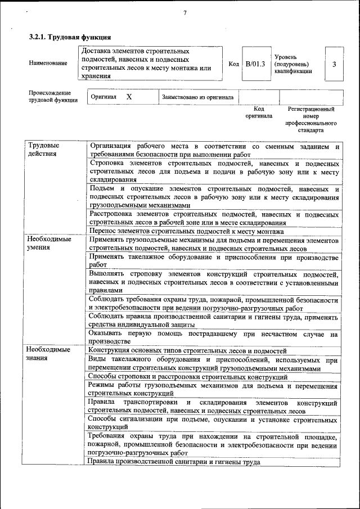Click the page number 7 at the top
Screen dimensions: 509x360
pos(184,13)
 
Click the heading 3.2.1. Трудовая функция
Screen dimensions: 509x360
pos(66,37)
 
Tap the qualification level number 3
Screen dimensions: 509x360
pos(334,64)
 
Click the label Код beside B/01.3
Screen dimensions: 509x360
pos(234,64)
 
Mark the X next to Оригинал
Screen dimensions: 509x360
pos(129,97)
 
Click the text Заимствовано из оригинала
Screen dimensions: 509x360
pos(197,97)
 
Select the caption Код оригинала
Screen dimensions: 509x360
pos(259,112)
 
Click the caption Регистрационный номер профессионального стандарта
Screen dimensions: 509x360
pos(310,119)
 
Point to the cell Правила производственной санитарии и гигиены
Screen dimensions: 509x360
pos(174,462)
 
